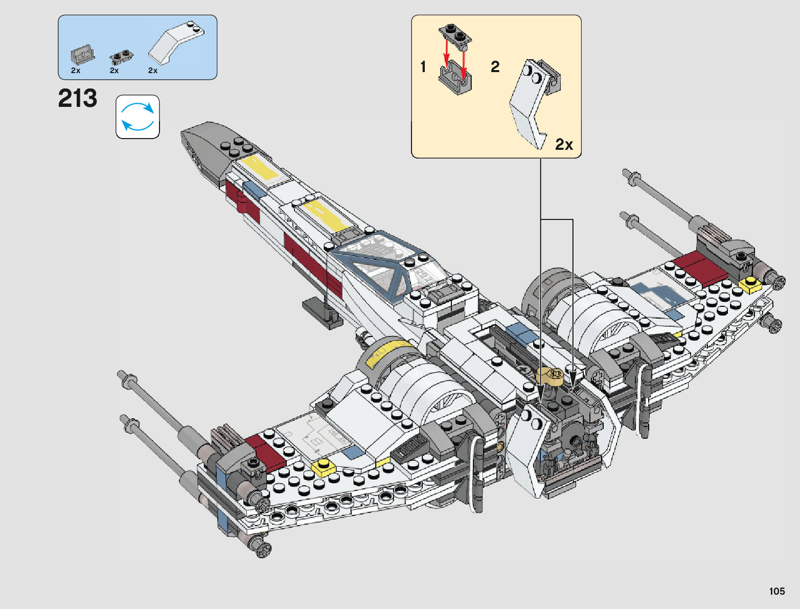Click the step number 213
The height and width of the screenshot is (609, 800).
(77, 98)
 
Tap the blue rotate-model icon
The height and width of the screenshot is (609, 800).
(138, 117)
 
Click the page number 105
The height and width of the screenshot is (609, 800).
(776, 591)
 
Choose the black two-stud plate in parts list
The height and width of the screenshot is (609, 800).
(121, 56)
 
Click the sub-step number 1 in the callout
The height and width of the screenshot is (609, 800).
(423, 66)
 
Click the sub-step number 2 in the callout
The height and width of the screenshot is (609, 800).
(495, 66)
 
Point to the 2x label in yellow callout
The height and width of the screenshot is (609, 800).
(564, 145)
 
